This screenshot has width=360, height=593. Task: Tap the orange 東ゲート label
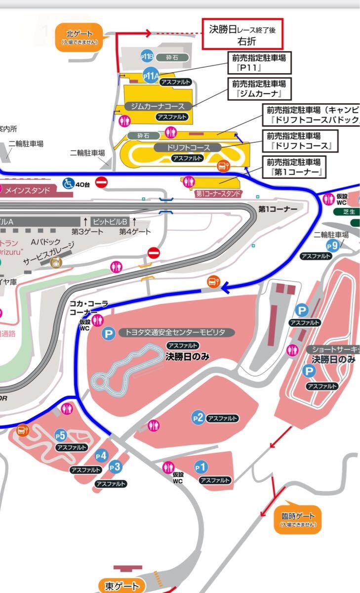point(123,586)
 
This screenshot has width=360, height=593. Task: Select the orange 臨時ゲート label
point(298,519)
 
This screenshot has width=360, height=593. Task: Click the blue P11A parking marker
point(151,76)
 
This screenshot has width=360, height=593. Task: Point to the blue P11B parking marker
point(147,57)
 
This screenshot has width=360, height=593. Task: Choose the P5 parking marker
point(60,435)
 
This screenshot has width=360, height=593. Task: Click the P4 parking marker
point(101,456)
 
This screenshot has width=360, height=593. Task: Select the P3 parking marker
point(115,466)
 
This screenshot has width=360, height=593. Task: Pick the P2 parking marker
point(198,418)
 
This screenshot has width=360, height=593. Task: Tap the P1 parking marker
point(200,466)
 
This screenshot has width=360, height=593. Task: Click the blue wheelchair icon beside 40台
point(67,184)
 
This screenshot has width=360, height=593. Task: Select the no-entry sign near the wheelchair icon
point(102,183)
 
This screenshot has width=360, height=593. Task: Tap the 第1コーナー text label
point(278,209)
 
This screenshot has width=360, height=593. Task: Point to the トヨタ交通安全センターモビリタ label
point(175,333)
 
